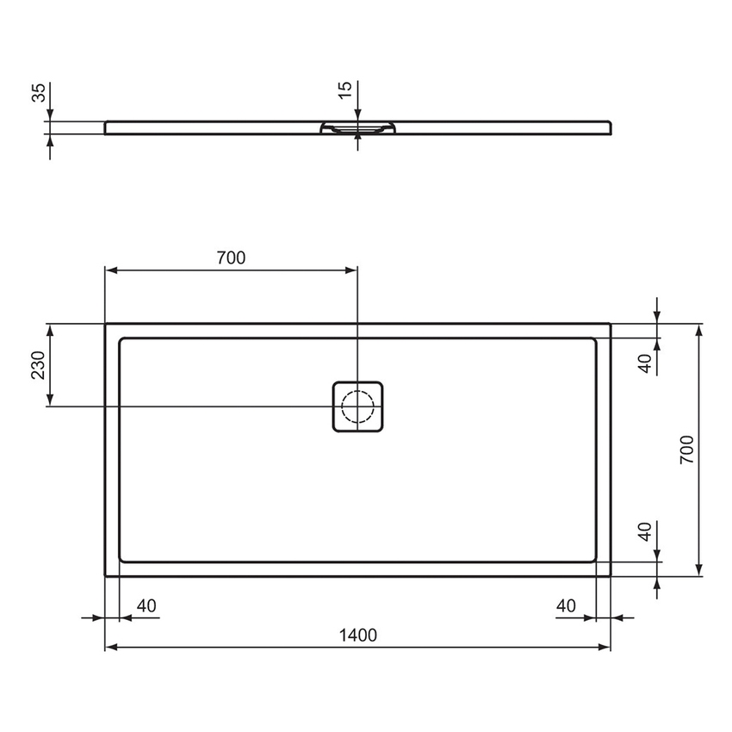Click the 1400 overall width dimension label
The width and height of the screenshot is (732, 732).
click(x=358, y=636)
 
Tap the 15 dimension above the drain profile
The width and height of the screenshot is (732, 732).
click(x=344, y=91)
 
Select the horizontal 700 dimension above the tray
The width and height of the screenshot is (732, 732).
click(x=231, y=257)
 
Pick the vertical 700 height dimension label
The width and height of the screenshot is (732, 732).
click(x=686, y=450)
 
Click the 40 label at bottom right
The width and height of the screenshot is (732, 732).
click(x=566, y=606)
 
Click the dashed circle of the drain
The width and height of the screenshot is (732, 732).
click(x=357, y=406)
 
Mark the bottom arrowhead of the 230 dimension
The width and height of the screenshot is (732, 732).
click(x=50, y=400)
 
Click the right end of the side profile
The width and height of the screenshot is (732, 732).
click(x=611, y=127)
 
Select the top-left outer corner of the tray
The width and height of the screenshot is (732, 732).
click(x=105, y=324)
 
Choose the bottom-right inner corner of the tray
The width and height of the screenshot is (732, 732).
click(x=595, y=561)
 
